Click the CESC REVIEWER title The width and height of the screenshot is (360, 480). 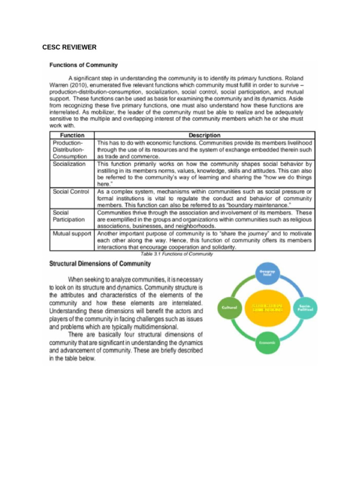click(69, 47)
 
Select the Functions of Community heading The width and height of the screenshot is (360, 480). click(83, 65)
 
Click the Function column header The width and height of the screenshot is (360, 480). click(72, 135)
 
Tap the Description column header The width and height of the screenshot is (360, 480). click(204, 135)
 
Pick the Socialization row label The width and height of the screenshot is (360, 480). click(69, 164)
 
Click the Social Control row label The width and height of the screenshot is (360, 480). click(71, 192)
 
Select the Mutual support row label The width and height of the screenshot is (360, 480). click(72, 233)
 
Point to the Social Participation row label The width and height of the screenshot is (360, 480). click(68, 216)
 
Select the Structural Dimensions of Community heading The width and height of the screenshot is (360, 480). click(100, 264)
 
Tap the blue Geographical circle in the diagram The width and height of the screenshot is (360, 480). click(267, 273)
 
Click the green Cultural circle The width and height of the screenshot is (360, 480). click(229, 307)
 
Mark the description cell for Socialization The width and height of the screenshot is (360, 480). click(204, 174)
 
